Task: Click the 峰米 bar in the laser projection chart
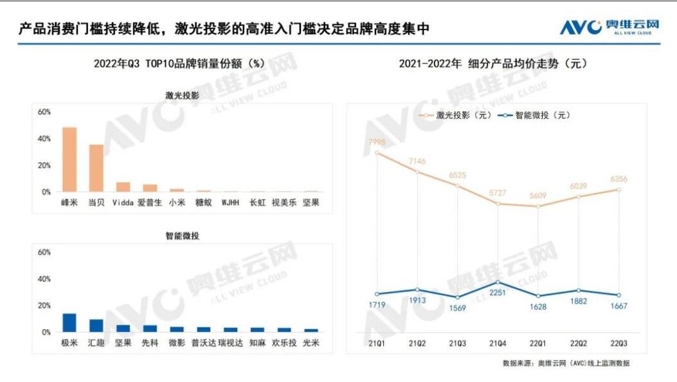point(69,159)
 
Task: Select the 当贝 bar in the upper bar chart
point(96,168)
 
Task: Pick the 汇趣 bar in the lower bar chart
point(96,325)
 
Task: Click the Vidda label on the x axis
point(123,203)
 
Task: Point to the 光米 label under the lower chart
point(311,343)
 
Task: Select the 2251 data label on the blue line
point(498,294)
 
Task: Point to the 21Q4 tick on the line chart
point(498,343)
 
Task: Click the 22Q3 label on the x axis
point(619,343)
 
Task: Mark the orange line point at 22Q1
point(537,206)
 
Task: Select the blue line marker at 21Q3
point(457,297)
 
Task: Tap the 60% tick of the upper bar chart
point(44,112)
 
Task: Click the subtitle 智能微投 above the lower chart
point(182,236)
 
